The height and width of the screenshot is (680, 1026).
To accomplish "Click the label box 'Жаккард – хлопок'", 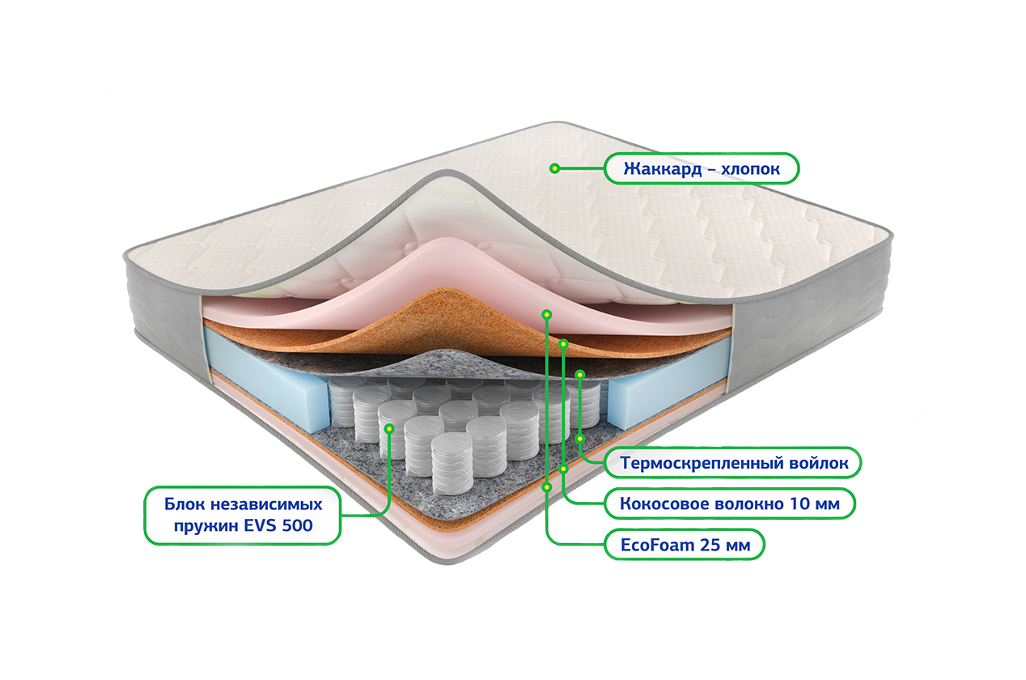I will [702, 169].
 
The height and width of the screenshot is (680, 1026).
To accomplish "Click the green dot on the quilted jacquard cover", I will [554, 168].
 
